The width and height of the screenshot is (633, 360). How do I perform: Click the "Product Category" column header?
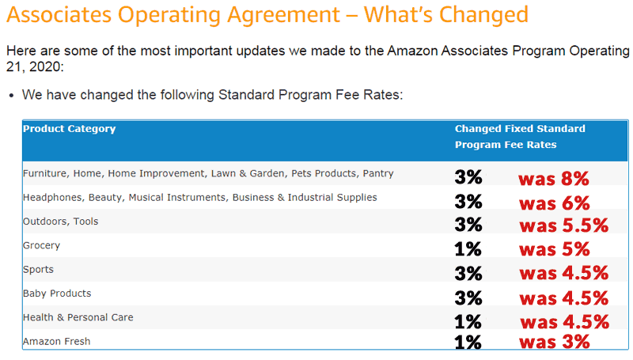[x=69, y=129]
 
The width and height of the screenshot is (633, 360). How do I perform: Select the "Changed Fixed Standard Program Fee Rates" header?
[x=520, y=137]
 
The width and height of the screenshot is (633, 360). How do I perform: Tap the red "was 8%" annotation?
[x=553, y=179]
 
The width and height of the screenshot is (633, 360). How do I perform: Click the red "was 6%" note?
[x=554, y=203]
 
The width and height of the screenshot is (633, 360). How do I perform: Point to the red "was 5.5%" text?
[x=563, y=225]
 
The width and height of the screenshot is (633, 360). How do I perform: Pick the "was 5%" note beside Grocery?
[x=555, y=249]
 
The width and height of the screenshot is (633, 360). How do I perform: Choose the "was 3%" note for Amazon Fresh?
[x=554, y=342]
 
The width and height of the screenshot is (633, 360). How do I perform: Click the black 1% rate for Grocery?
[x=468, y=249]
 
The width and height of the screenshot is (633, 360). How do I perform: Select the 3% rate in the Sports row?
[x=468, y=274]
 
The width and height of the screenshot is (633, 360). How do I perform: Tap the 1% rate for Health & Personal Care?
[x=468, y=321]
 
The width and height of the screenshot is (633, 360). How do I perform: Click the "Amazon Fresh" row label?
[x=56, y=341]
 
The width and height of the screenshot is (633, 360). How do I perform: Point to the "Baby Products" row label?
[x=57, y=294]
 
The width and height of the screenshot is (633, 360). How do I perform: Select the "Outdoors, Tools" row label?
[x=61, y=222]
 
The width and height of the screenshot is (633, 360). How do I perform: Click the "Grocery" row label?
[x=42, y=245]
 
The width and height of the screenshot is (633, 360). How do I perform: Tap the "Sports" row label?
[x=39, y=269]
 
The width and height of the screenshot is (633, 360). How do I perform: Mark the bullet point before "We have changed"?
[x=11, y=95]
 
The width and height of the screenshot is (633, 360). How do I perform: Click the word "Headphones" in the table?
[x=52, y=197]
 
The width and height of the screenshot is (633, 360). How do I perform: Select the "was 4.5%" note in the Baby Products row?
[x=563, y=298]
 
